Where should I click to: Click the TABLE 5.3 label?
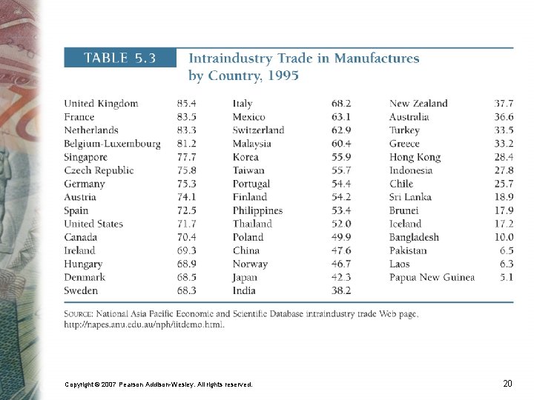point(119,59)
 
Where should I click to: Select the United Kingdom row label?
point(101,104)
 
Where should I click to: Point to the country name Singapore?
point(85,157)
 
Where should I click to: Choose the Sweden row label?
point(81,290)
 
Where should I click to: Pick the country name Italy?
point(243,104)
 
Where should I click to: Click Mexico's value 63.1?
point(341,117)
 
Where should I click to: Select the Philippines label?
point(257,210)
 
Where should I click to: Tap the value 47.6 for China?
point(341,250)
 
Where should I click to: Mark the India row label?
point(244,290)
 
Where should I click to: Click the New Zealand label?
point(418,104)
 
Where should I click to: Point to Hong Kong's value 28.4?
point(504,157)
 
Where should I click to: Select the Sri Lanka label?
point(410,197)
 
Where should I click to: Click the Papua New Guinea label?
point(432,277)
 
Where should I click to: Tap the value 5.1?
point(507,277)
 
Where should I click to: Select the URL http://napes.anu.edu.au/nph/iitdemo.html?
point(144,324)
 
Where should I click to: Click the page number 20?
point(507,384)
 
